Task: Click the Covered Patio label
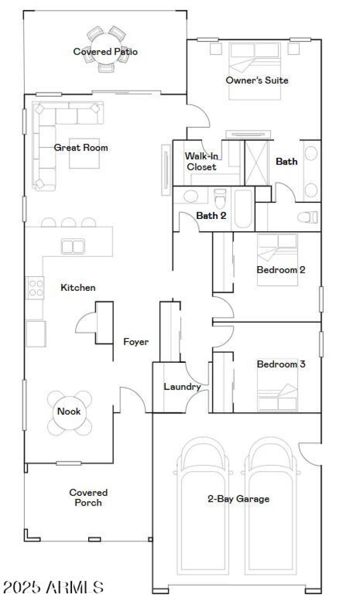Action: point(105,52)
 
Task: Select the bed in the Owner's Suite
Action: point(255,71)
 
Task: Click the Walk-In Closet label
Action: point(201,162)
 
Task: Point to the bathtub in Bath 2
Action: point(243,209)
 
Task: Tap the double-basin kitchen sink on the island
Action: point(73,246)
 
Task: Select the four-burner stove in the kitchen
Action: point(36,288)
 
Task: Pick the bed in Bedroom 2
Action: point(277,259)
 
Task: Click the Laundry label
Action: point(181,387)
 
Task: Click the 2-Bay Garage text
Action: point(238,499)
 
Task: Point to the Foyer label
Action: point(136,342)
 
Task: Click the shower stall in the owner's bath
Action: point(256,163)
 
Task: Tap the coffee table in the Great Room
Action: point(84,153)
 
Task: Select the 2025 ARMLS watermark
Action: point(53,587)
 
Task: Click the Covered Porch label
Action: point(88,498)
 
